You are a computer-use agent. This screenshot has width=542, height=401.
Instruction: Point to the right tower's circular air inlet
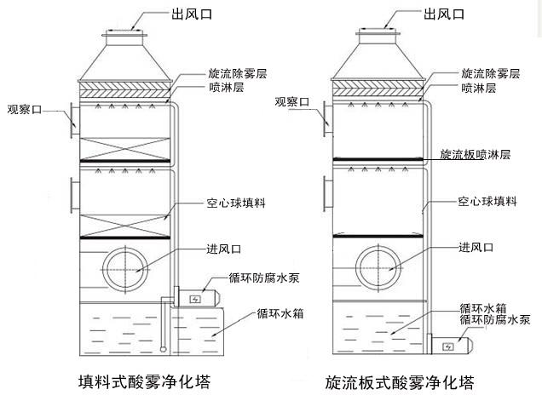point(378,267)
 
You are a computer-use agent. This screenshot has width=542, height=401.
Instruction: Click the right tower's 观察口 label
point(292,102)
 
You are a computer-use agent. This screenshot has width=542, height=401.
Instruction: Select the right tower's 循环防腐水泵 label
point(495,319)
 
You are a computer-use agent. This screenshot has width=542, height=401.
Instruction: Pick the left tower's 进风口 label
point(224,249)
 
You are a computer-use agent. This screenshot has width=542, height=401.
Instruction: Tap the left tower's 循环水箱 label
point(281,312)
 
